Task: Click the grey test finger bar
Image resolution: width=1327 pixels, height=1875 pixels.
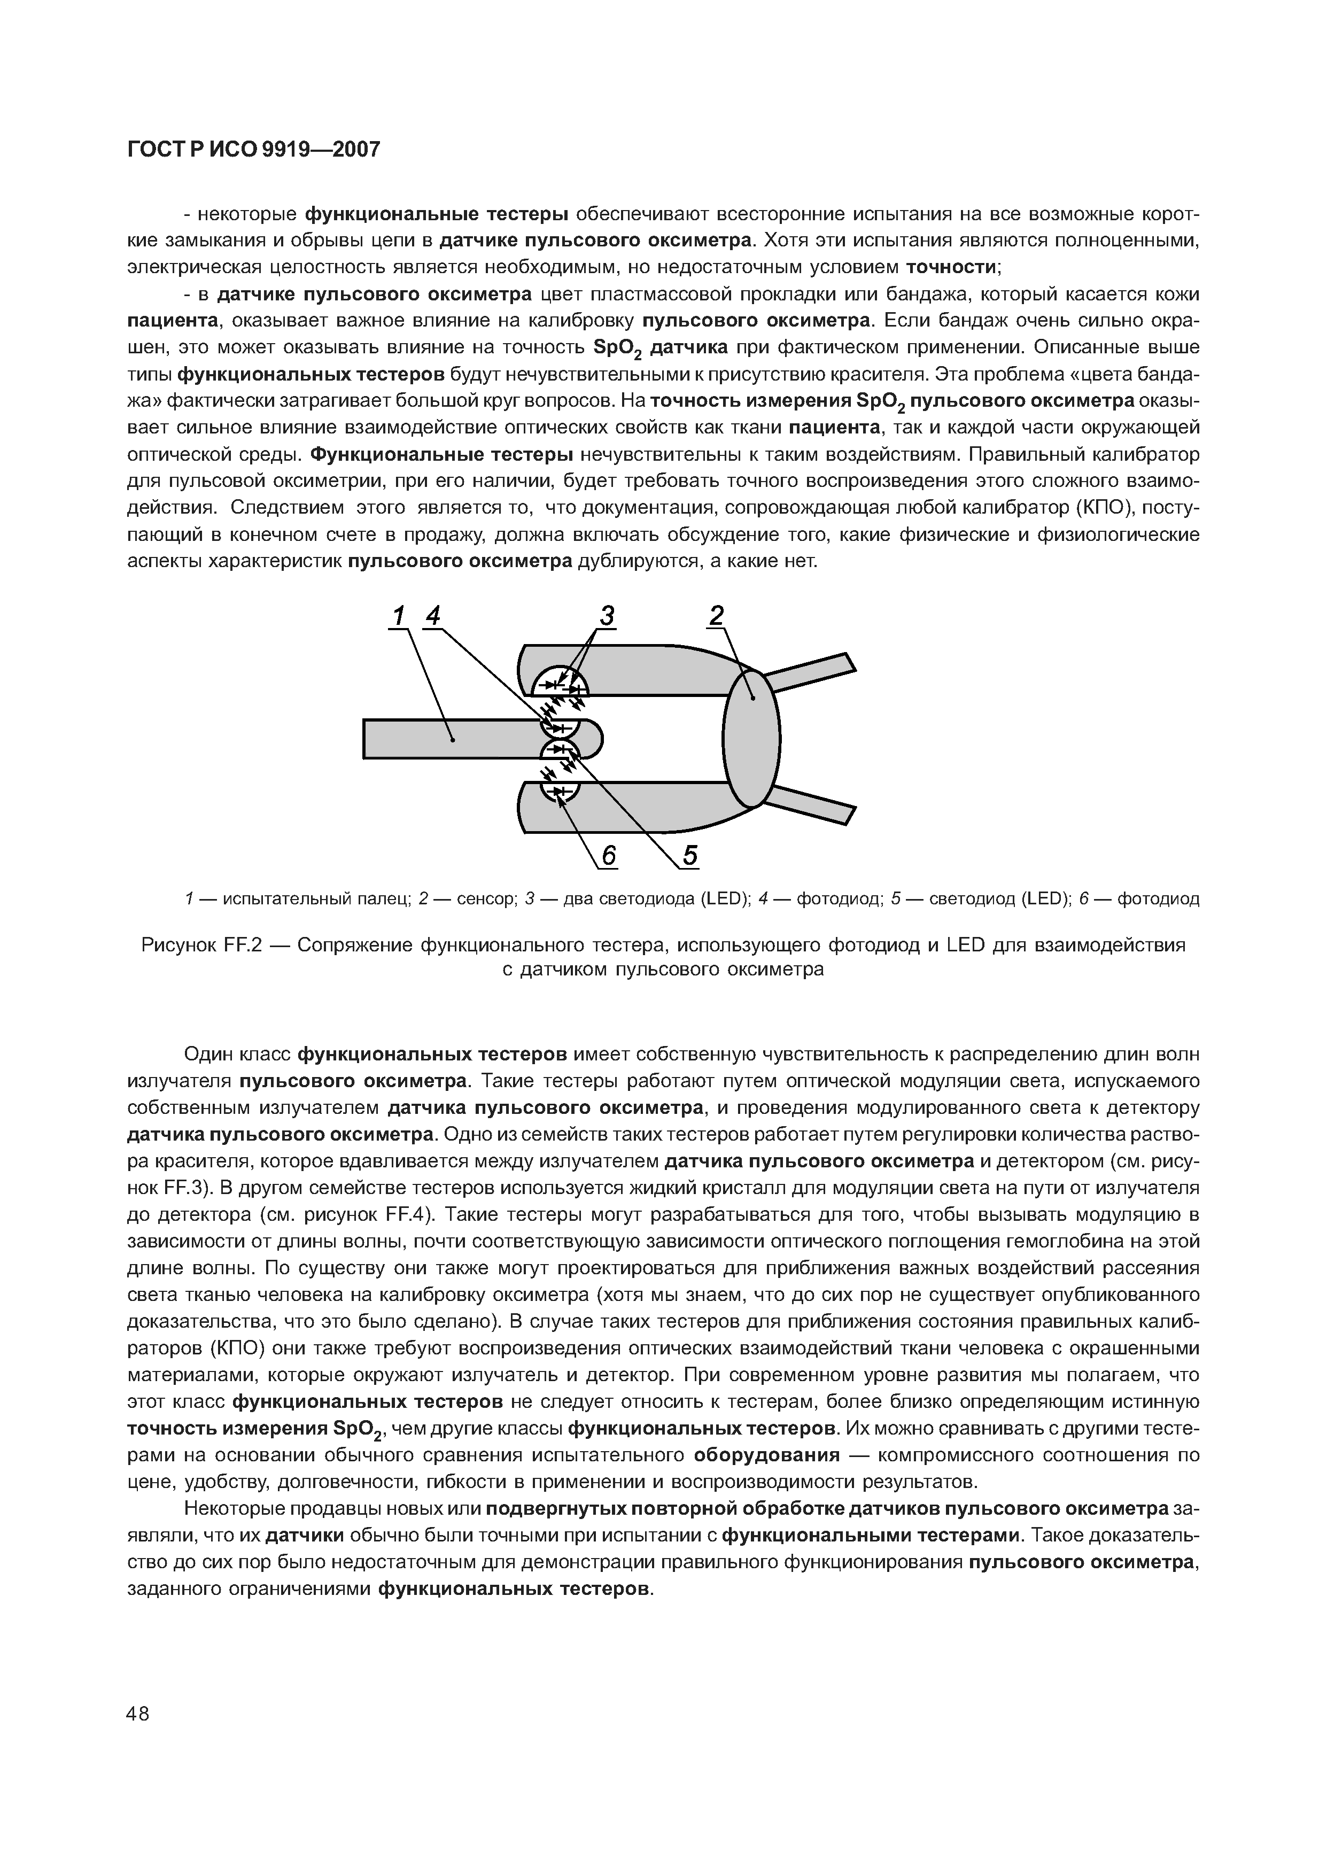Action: coord(449,738)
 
